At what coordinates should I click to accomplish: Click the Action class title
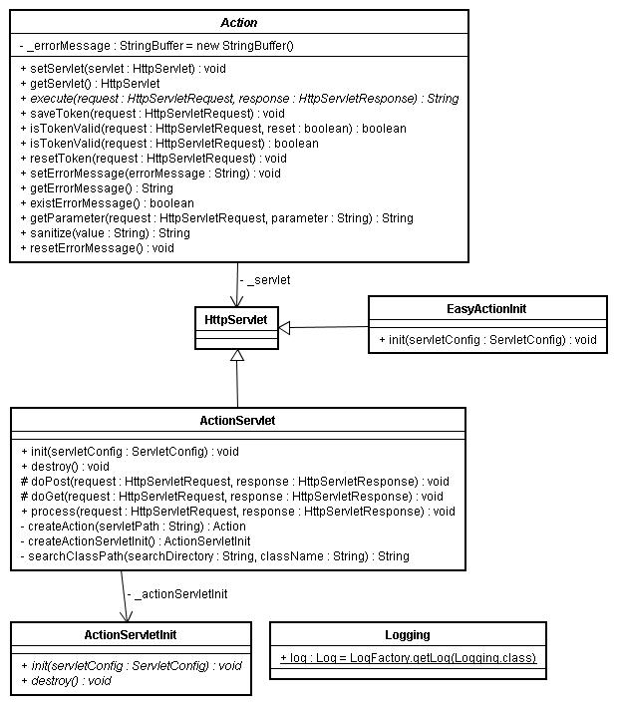pyautogui.click(x=238, y=23)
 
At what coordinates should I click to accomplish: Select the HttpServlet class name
pyautogui.click(x=236, y=320)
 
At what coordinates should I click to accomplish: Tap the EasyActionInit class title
pyautogui.click(x=486, y=309)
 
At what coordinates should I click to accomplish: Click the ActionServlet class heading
pyautogui.click(x=237, y=421)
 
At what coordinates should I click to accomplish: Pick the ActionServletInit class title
pyautogui.click(x=131, y=635)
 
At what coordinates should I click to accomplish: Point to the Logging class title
pyautogui.click(x=408, y=635)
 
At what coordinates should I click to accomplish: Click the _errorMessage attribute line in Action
pyautogui.click(x=156, y=46)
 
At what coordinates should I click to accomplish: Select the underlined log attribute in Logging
pyautogui.click(x=408, y=658)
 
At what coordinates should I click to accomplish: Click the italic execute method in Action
pyautogui.click(x=239, y=99)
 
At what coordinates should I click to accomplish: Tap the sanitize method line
pyautogui.click(x=105, y=233)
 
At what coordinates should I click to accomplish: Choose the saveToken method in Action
pyautogui.click(x=153, y=114)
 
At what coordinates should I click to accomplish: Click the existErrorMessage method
pyautogui.click(x=107, y=203)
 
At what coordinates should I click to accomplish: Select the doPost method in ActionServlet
pyautogui.click(x=235, y=482)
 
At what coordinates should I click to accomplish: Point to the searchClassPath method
pyautogui.click(x=215, y=556)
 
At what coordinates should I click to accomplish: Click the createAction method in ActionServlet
pyautogui.click(x=133, y=527)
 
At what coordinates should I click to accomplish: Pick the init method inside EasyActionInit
pyautogui.click(x=487, y=339)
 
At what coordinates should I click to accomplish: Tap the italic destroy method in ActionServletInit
pyautogui.click(x=66, y=681)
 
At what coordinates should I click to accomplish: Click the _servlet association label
pyautogui.click(x=265, y=280)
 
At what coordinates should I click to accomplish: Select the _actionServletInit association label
pyautogui.click(x=177, y=594)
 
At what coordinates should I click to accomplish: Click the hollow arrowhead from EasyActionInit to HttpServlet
pyautogui.click(x=284, y=328)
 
